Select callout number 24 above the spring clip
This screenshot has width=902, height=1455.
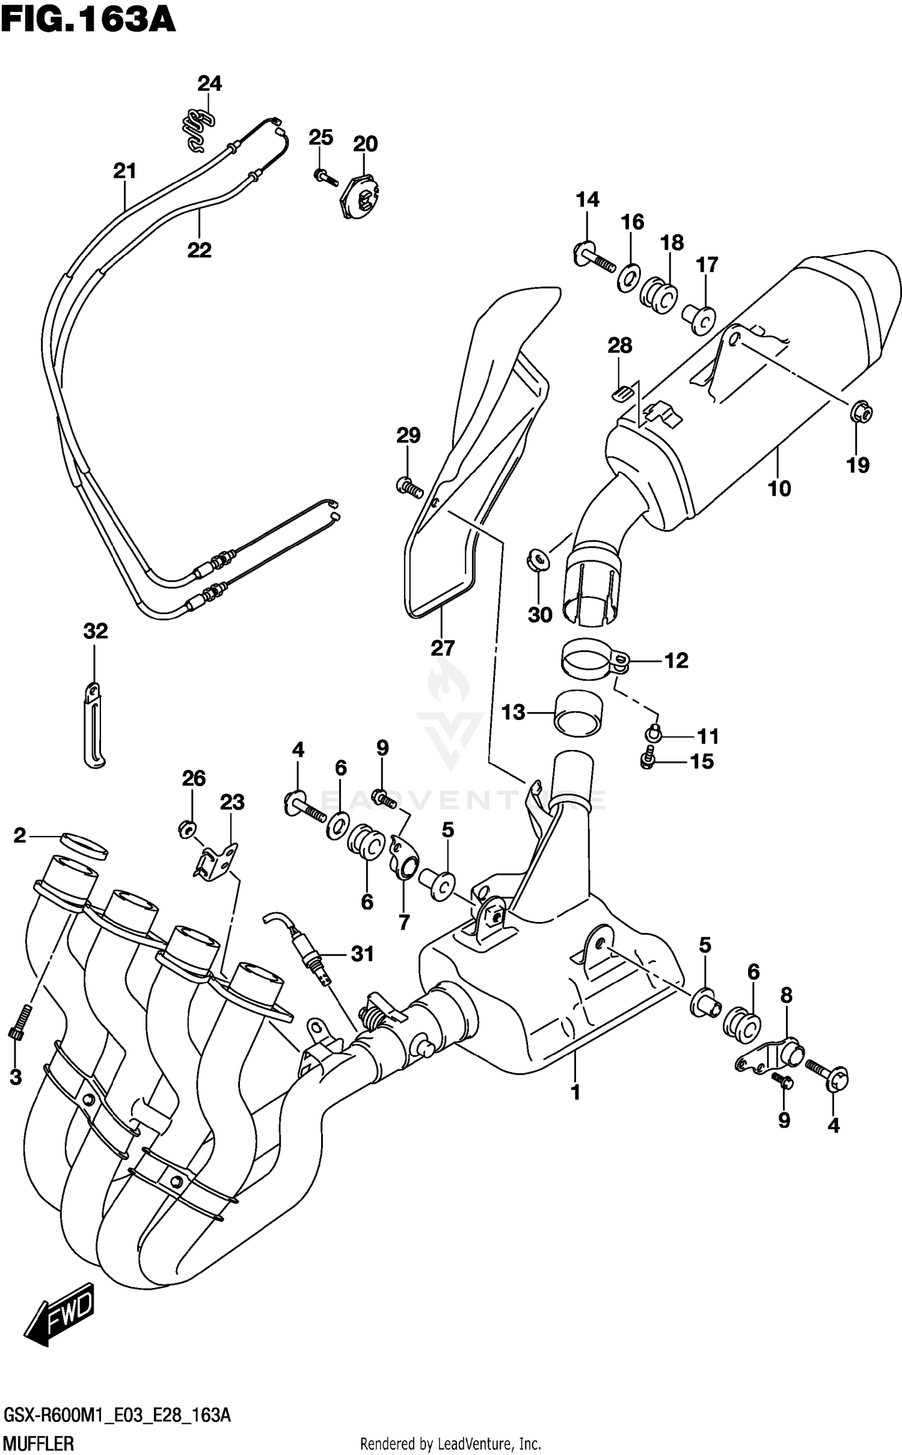tap(210, 84)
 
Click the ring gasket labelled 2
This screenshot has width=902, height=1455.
tap(84, 844)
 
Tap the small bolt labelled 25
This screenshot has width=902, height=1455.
tap(322, 175)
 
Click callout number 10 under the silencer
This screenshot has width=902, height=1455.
tap(779, 489)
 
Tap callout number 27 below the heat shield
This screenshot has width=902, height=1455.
tap(442, 648)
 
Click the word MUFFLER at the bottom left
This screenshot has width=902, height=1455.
tap(39, 1443)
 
